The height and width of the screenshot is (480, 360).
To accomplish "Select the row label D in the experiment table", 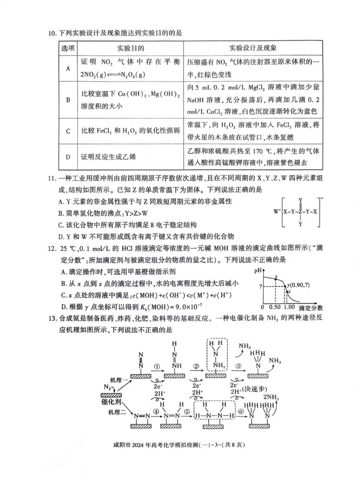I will tap(67, 156).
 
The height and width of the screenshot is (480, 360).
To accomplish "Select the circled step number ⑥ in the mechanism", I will tap(240, 411).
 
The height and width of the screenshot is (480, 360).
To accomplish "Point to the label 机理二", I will tap(116, 412).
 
